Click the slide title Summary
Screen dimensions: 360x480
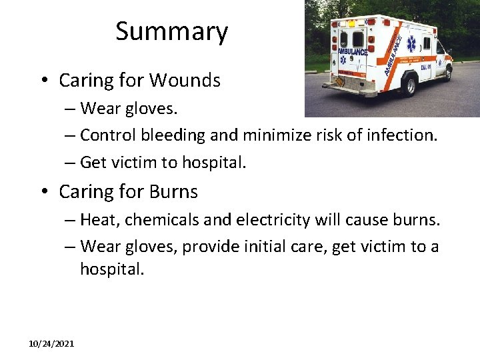point(171,31)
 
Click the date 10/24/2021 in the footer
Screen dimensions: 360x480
point(51,343)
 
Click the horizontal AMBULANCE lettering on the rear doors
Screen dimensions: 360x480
point(353,51)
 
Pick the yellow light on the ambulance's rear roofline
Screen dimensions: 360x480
point(351,23)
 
